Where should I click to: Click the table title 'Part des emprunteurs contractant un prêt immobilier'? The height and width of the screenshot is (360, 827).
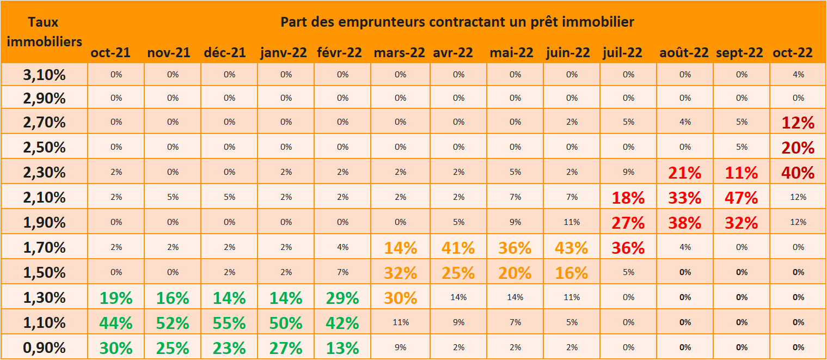click(x=457, y=22)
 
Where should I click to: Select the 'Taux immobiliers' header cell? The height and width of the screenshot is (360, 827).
click(x=44, y=32)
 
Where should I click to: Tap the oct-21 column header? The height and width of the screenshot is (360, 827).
click(x=111, y=53)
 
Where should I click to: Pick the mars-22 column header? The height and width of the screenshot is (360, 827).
click(x=399, y=53)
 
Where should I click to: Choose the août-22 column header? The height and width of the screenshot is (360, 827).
click(x=684, y=53)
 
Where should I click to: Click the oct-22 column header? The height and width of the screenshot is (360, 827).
click(x=792, y=53)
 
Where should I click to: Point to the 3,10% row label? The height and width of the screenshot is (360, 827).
click(x=44, y=75)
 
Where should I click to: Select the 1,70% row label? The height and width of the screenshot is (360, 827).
click(x=44, y=248)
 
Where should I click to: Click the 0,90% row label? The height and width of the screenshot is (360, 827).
click(x=44, y=347)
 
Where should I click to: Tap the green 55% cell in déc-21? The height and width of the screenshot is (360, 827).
click(x=229, y=323)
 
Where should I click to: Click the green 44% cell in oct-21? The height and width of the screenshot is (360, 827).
click(x=116, y=323)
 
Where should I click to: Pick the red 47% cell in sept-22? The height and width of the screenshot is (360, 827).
click(x=741, y=198)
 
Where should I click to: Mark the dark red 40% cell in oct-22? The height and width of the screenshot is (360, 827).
click(x=798, y=173)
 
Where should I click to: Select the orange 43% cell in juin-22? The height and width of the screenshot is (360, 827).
click(x=571, y=248)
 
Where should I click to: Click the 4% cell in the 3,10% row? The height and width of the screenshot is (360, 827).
click(x=798, y=75)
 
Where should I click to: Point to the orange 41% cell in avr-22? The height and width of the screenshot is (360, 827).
click(x=458, y=248)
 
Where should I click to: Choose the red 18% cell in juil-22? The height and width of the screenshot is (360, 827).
click(x=628, y=198)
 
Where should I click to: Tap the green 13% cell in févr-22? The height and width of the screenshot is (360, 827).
click(x=342, y=347)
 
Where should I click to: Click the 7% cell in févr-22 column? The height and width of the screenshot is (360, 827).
click(x=342, y=272)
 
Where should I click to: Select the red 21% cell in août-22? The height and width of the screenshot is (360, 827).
click(x=684, y=173)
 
